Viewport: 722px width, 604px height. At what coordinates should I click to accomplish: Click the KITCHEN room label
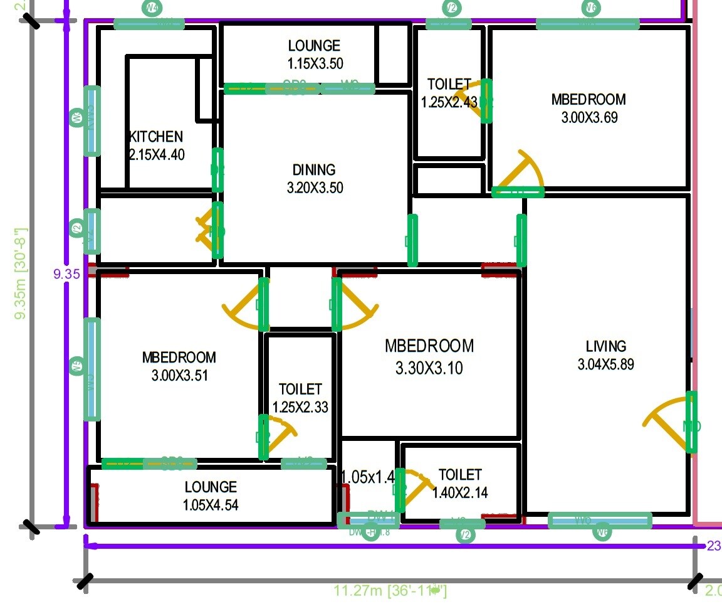point(157,137)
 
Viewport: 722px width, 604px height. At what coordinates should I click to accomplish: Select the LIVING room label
point(605,346)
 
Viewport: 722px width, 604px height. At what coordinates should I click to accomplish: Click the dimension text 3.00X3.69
point(589,117)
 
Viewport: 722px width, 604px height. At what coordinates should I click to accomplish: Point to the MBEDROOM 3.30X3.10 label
point(429,356)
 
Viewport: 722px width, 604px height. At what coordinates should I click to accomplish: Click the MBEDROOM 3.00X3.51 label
point(179,366)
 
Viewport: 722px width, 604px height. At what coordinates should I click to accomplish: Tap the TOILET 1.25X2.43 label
point(449,93)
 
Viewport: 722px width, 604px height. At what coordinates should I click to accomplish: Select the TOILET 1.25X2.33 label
point(300,398)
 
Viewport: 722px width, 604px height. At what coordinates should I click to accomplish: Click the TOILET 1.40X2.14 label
point(459,484)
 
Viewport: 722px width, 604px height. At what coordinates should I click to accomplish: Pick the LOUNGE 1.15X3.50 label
point(315,54)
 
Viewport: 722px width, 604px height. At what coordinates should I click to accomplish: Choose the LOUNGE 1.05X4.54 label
point(211,495)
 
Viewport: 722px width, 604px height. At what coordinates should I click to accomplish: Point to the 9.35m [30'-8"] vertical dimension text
point(21,273)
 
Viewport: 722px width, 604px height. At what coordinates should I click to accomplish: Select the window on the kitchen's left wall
point(92,120)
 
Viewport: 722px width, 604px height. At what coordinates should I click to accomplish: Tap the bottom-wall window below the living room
point(600,521)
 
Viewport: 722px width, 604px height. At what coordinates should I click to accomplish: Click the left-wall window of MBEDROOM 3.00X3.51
point(92,369)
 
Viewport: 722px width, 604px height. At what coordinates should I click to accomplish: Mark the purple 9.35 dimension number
point(66,273)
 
